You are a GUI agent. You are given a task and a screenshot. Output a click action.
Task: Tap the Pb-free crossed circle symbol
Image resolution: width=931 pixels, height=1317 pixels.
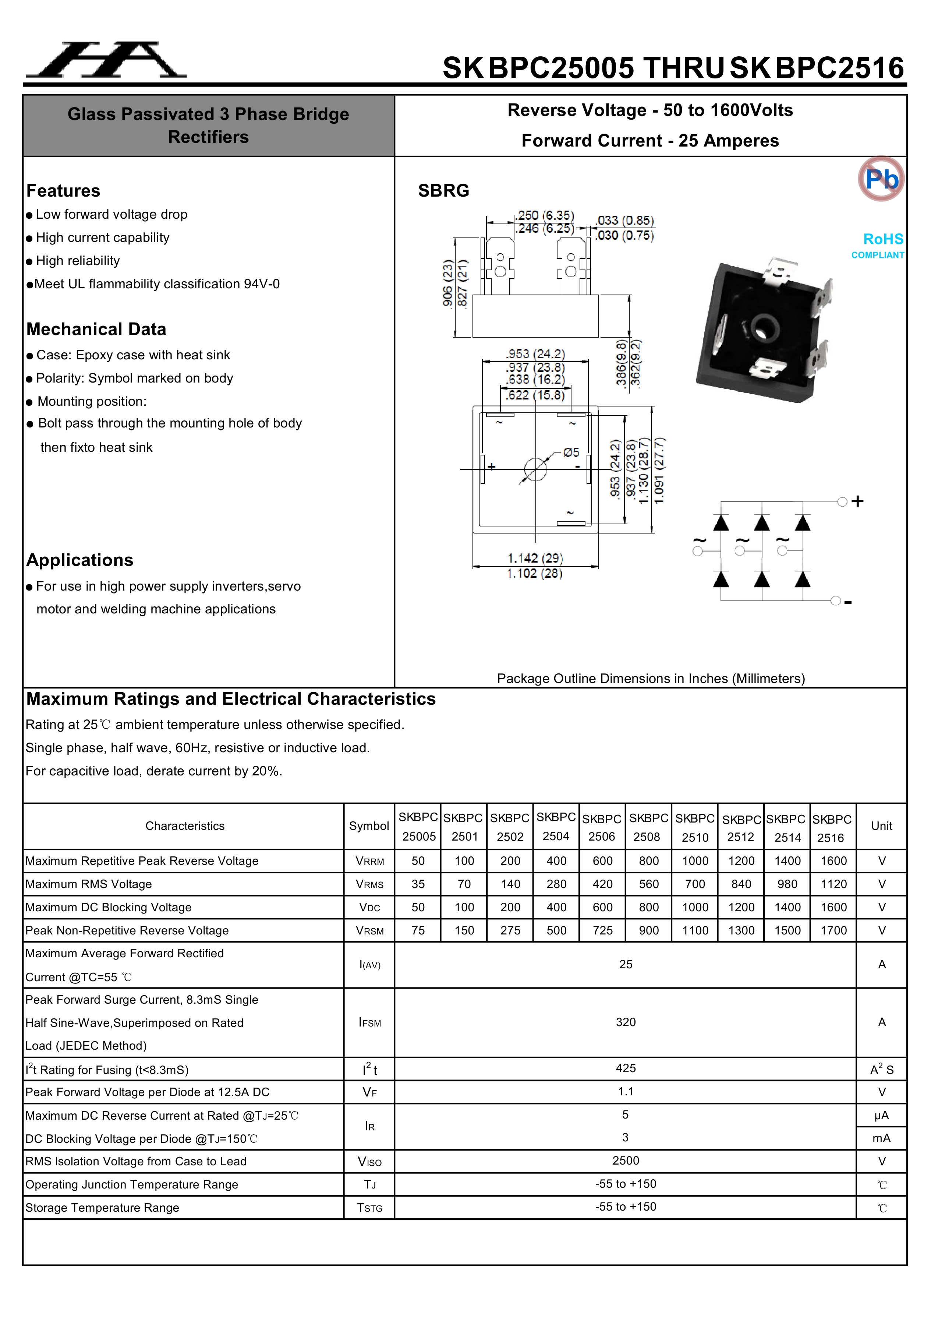pyautogui.click(x=881, y=179)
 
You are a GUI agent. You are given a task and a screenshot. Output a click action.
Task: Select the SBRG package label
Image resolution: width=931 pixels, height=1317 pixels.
pyautogui.click(x=443, y=190)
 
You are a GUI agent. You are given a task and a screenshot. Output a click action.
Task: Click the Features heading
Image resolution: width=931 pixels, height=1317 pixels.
pyautogui.click(x=63, y=190)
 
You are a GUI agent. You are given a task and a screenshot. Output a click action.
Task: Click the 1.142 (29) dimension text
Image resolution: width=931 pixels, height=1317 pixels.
pyautogui.click(x=535, y=558)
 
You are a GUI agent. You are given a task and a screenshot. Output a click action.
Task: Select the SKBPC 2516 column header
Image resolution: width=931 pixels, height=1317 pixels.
pyautogui.click(x=832, y=828)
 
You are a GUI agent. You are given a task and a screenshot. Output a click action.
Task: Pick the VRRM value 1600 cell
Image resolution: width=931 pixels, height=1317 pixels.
pyautogui.click(x=833, y=861)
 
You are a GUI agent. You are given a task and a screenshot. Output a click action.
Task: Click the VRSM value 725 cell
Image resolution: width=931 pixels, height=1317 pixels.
pyautogui.click(x=602, y=930)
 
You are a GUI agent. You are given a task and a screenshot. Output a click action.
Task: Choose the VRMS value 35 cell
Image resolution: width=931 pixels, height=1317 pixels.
pyautogui.click(x=418, y=884)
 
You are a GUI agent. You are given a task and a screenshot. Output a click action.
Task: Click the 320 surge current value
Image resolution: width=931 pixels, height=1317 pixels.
pyautogui.click(x=626, y=1022)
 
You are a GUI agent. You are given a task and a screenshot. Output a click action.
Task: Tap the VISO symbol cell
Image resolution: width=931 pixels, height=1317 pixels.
pyautogui.click(x=369, y=1162)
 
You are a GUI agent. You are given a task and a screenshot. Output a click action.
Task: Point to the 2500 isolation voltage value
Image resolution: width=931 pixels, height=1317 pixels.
pyautogui.click(x=626, y=1161)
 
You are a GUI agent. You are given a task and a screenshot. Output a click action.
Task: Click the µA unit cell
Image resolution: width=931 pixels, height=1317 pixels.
pyautogui.click(x=881, y=1115)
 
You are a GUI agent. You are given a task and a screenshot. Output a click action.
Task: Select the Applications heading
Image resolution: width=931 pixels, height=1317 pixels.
pyautogui.click(x=80, y=560)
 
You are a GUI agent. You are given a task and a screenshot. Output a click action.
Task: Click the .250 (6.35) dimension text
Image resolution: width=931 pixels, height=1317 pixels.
pyautogui.click(x=545, y=216)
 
